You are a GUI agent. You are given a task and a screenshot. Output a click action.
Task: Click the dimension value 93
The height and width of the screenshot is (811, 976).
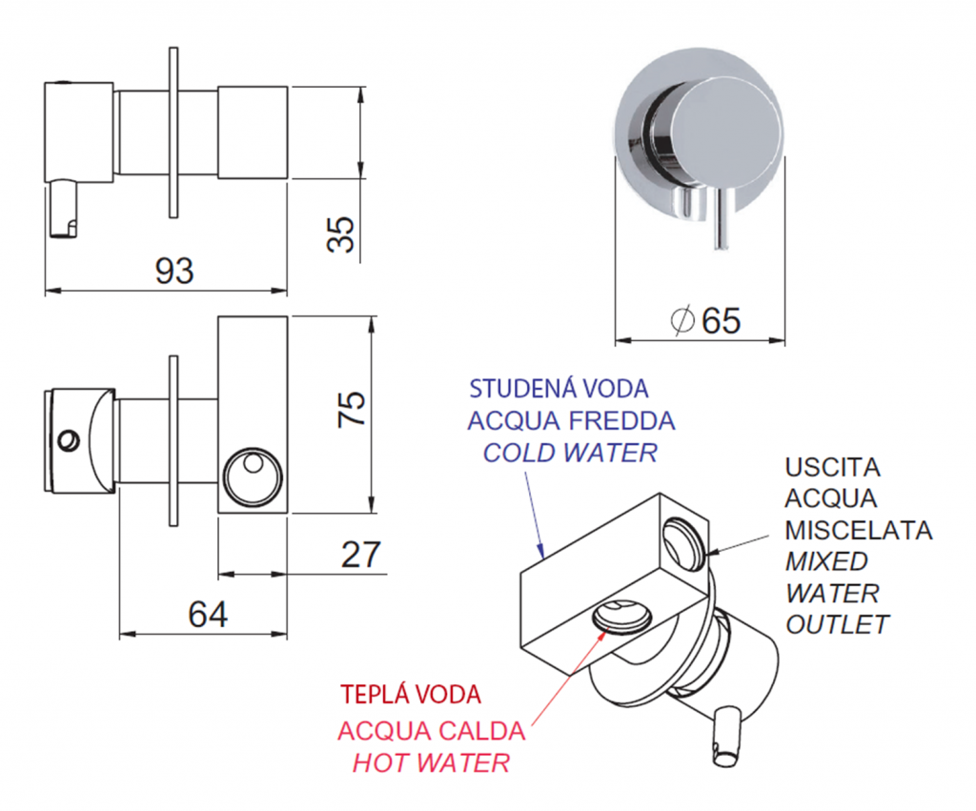click(174, 271)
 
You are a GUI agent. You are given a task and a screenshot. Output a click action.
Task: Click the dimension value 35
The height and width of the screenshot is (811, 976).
click(340, 233)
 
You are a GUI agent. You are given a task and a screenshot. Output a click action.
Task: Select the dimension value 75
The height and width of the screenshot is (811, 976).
click(352, 408)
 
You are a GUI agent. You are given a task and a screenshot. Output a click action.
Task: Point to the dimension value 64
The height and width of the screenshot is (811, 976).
click(207, 615)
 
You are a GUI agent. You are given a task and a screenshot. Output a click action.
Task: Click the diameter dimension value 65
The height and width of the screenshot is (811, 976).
click(721, 320)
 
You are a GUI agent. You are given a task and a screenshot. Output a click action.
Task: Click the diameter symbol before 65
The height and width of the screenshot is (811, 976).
click(683, 320)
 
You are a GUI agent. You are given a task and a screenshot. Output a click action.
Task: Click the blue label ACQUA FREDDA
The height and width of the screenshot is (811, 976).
click(571, 420)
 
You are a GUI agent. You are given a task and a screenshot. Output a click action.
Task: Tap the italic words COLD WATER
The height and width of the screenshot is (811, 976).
click(570, 452)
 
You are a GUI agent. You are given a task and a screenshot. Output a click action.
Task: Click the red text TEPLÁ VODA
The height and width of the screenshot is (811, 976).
click(412, 694)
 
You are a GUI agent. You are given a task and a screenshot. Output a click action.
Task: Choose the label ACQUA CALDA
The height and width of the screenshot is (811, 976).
click(431, 731)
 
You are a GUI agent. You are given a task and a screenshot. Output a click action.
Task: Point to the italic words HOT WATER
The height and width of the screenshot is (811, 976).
click(431, 762)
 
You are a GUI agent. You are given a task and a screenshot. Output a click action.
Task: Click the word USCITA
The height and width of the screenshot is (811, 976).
click(834, 468)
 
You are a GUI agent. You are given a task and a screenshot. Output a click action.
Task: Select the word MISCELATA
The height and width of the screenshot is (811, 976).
click(859, 530)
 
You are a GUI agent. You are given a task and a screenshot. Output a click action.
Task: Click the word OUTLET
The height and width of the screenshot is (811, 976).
click(837, 624)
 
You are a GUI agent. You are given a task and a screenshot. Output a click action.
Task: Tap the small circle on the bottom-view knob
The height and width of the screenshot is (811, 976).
click(68, 439)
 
